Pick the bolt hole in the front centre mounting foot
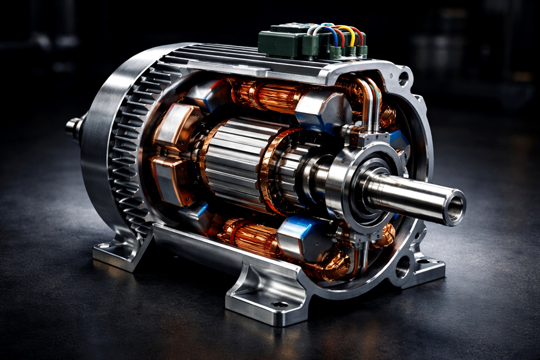[279, 305]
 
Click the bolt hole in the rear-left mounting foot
[103, 246]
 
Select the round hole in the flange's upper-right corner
[404, 77]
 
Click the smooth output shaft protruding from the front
[407, 194]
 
